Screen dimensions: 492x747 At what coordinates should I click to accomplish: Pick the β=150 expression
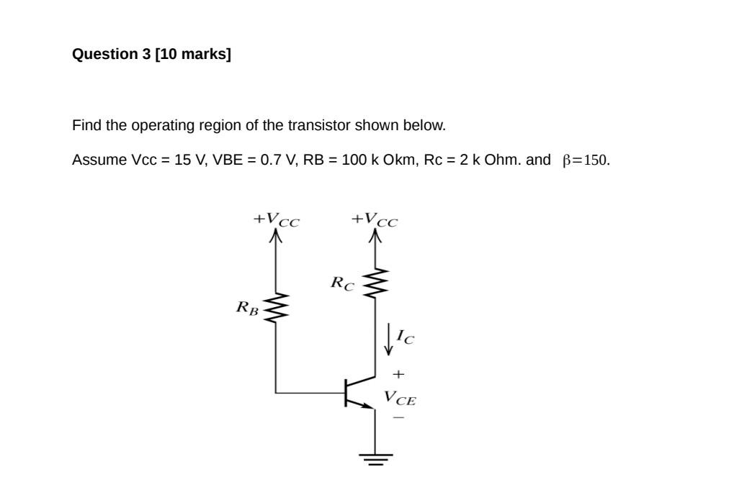[x=586, y=160]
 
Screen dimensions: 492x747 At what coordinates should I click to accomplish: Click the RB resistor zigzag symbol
[x=276, y=308]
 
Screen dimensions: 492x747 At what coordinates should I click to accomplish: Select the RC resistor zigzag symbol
[x=375, y=283]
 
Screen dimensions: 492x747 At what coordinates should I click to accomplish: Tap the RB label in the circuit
[x=246, y=308]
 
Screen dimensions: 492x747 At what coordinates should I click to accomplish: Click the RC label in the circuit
[x=342, y=283]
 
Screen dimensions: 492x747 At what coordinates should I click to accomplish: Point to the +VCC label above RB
[x=276, y=219]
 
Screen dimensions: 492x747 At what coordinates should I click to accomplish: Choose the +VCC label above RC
[x=374, y=219]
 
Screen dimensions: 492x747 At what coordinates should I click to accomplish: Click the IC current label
[x=406, y=336]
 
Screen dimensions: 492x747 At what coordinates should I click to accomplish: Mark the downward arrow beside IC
[x=389, y=339]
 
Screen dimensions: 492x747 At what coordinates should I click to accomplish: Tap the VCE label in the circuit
[x=400, y=397]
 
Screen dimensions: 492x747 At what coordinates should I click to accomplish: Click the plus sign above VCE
[x=398, y=374]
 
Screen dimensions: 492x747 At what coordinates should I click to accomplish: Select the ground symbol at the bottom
[x=375, y=458]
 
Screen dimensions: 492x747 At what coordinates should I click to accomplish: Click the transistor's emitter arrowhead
[x=369, y=405]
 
